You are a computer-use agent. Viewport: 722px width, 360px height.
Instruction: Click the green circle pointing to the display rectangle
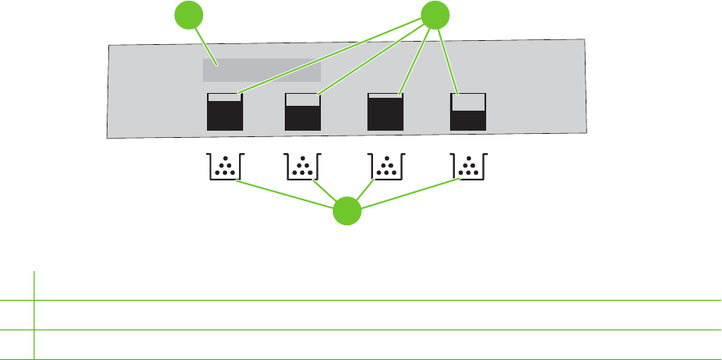189,17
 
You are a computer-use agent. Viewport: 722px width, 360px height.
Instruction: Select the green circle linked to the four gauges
434,15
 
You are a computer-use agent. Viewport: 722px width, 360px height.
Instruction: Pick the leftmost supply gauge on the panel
225,111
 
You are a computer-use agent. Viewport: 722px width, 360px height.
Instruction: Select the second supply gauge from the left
303,111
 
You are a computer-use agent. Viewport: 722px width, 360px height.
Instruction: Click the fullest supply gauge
384,111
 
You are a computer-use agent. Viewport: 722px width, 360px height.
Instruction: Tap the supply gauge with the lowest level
468,111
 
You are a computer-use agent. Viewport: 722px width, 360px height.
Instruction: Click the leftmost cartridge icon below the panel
225,166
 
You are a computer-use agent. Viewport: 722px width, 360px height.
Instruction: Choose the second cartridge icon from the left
303,166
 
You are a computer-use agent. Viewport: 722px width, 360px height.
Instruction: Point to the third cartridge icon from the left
386,166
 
